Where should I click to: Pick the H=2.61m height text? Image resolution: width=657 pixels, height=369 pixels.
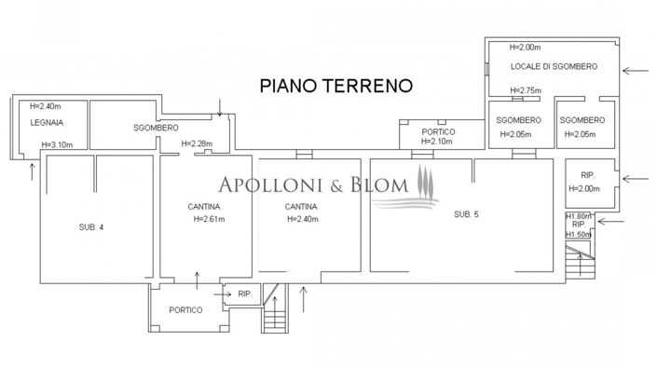[214, 220]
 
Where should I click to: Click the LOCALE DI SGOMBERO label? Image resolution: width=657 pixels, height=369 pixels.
[553, 67]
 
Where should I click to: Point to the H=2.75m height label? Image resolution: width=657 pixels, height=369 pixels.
[526, 90]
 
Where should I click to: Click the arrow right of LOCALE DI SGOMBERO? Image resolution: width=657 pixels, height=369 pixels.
[637, 69]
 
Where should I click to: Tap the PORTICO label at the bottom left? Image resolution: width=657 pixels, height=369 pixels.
[185, 309]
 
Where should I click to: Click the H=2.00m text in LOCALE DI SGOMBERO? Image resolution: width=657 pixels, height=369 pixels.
[527, 48]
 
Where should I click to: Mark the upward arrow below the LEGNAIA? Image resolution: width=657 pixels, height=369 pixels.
[34, 170]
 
